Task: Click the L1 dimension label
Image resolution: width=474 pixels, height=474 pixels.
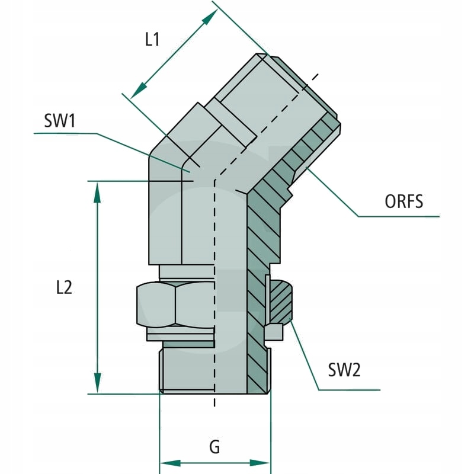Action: (153, 40)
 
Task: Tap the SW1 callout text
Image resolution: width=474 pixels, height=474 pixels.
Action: (60, 121)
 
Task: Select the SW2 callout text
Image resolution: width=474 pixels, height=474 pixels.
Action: (344, 370)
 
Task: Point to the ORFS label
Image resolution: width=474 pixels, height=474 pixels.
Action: (404, 201)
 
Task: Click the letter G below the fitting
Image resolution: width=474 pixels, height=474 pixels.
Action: (214, 447)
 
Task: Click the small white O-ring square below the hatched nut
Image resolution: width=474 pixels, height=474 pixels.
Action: (274, 333)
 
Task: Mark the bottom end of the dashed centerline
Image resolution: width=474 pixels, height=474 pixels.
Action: (214, 405)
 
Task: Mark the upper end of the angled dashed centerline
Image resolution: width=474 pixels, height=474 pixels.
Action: (317, 75)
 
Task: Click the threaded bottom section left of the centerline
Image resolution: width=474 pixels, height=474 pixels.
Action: (187, 370)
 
